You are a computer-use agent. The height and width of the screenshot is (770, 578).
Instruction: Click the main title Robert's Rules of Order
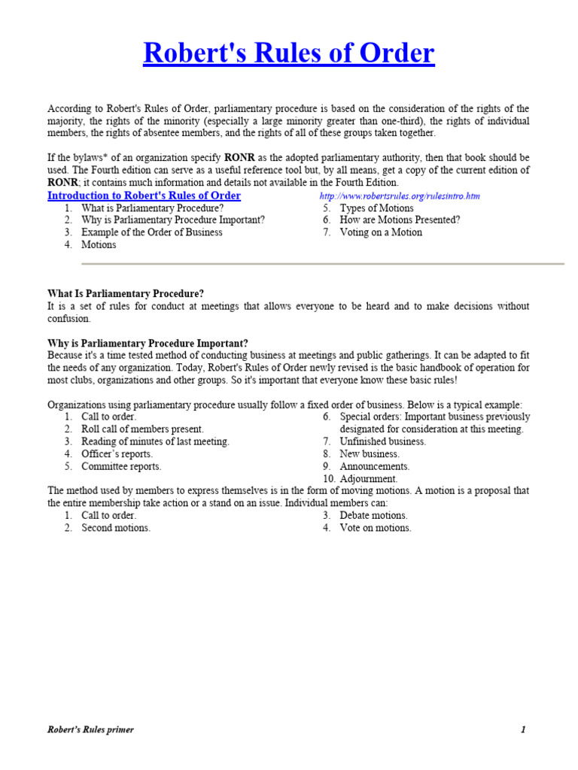[289, 54]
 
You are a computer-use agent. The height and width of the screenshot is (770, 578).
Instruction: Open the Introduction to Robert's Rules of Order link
[144, 196]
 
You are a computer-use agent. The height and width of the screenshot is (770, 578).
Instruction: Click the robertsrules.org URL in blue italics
[400, 196]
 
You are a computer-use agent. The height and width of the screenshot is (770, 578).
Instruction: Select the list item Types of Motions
[376, 208]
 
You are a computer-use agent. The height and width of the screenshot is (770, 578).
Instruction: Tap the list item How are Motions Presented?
[400, 220]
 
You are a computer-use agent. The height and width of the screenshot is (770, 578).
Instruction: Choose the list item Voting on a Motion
[381, 232]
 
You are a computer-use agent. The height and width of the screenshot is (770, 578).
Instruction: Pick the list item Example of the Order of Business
[152, 232]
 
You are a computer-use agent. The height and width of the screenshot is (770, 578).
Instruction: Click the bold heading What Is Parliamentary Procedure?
[126, 293]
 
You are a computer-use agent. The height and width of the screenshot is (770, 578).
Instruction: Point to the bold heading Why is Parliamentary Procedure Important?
[148, 343]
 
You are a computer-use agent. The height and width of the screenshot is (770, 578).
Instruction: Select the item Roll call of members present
[142, 429]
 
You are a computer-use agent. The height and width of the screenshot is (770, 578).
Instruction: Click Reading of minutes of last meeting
[156, 441]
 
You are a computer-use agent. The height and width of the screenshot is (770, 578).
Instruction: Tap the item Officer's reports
[117, 454]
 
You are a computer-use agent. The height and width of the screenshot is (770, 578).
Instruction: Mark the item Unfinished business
[382, 441]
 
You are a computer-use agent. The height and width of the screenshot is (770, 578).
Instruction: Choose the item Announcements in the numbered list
[375, 466]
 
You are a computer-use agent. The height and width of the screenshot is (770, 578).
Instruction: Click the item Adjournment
[369, 478]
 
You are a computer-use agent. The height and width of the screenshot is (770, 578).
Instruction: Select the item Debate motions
[373, 515]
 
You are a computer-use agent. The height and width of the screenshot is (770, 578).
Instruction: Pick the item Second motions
[116, 528]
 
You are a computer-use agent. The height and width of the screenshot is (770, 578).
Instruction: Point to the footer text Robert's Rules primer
[91, 729]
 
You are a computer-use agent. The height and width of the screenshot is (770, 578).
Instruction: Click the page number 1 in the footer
[522, 729]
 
